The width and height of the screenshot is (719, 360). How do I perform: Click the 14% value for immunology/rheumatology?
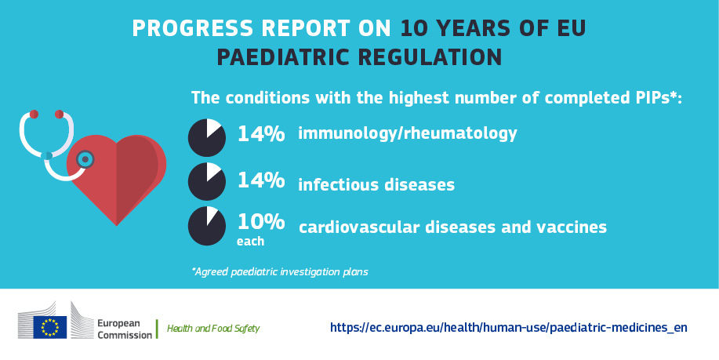(261, 134)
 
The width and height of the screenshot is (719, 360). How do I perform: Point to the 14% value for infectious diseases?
(261, 180)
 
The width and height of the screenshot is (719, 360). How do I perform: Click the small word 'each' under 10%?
(250, 242)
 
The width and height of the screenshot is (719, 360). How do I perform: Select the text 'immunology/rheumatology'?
(407, 133)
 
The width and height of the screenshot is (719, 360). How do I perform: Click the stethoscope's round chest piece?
(85, 159)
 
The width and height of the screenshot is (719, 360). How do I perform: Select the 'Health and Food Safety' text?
(212, 328)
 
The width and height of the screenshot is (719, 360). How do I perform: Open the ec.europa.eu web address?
(508, 327)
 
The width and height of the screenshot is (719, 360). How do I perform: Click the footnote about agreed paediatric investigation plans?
(280, 272)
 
